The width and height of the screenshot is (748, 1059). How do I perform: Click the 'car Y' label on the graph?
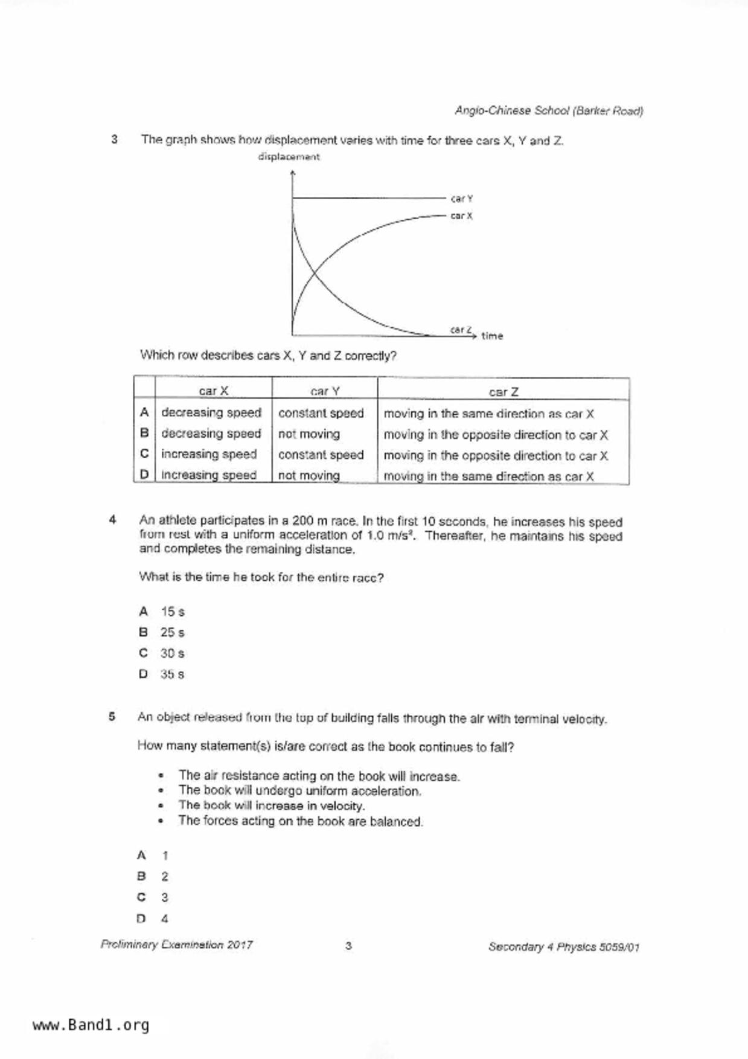coord(462,199)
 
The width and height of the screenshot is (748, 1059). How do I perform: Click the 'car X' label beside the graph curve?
coord(462,216)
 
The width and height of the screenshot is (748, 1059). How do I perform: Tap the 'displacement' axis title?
coord(289,157)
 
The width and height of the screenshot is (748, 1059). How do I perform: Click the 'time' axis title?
coord(492,336)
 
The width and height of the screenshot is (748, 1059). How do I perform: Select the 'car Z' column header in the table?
coord(503,392)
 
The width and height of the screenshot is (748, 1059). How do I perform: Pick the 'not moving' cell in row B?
coord(309,434)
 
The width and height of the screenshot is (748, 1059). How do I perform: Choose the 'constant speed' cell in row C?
coord(321,455)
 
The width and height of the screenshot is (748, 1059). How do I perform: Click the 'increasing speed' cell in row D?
coord(209,475)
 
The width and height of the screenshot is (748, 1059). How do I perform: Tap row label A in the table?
coord(144,412)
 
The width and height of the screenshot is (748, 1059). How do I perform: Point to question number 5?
coord(112,717)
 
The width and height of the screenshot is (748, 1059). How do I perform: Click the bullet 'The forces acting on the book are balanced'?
coord(301,821)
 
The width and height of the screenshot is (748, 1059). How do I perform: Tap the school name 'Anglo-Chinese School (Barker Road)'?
coord(549,111)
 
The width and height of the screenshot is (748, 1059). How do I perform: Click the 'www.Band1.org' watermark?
coord(91,1025)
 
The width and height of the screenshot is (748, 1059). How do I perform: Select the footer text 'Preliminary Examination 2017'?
coord(177,945)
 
